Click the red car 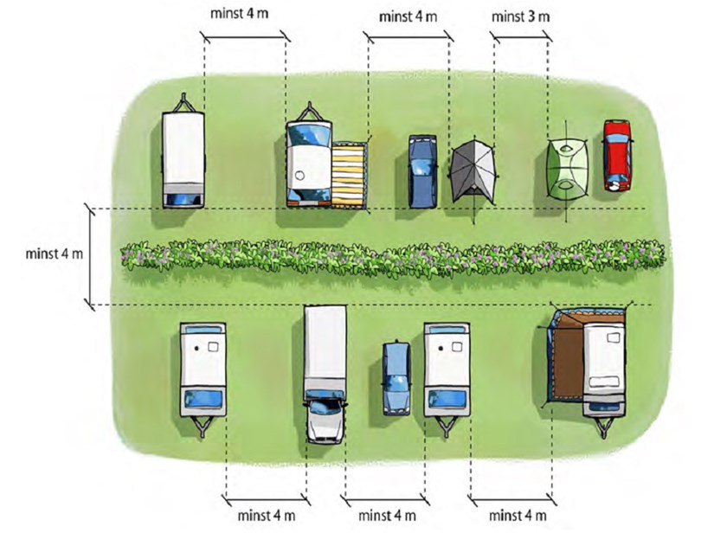[616, 155]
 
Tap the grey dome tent [473, 170]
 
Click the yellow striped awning [349, 174]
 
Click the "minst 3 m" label [521, 16]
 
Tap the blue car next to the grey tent [421, 170]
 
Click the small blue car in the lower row [396, 377]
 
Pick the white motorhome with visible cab [325, 372]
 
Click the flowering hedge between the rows [394, 257]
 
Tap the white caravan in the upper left [183, 156]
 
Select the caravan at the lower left [203, 370]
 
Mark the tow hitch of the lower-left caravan [203, 428]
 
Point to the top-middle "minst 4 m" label [409, 16]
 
